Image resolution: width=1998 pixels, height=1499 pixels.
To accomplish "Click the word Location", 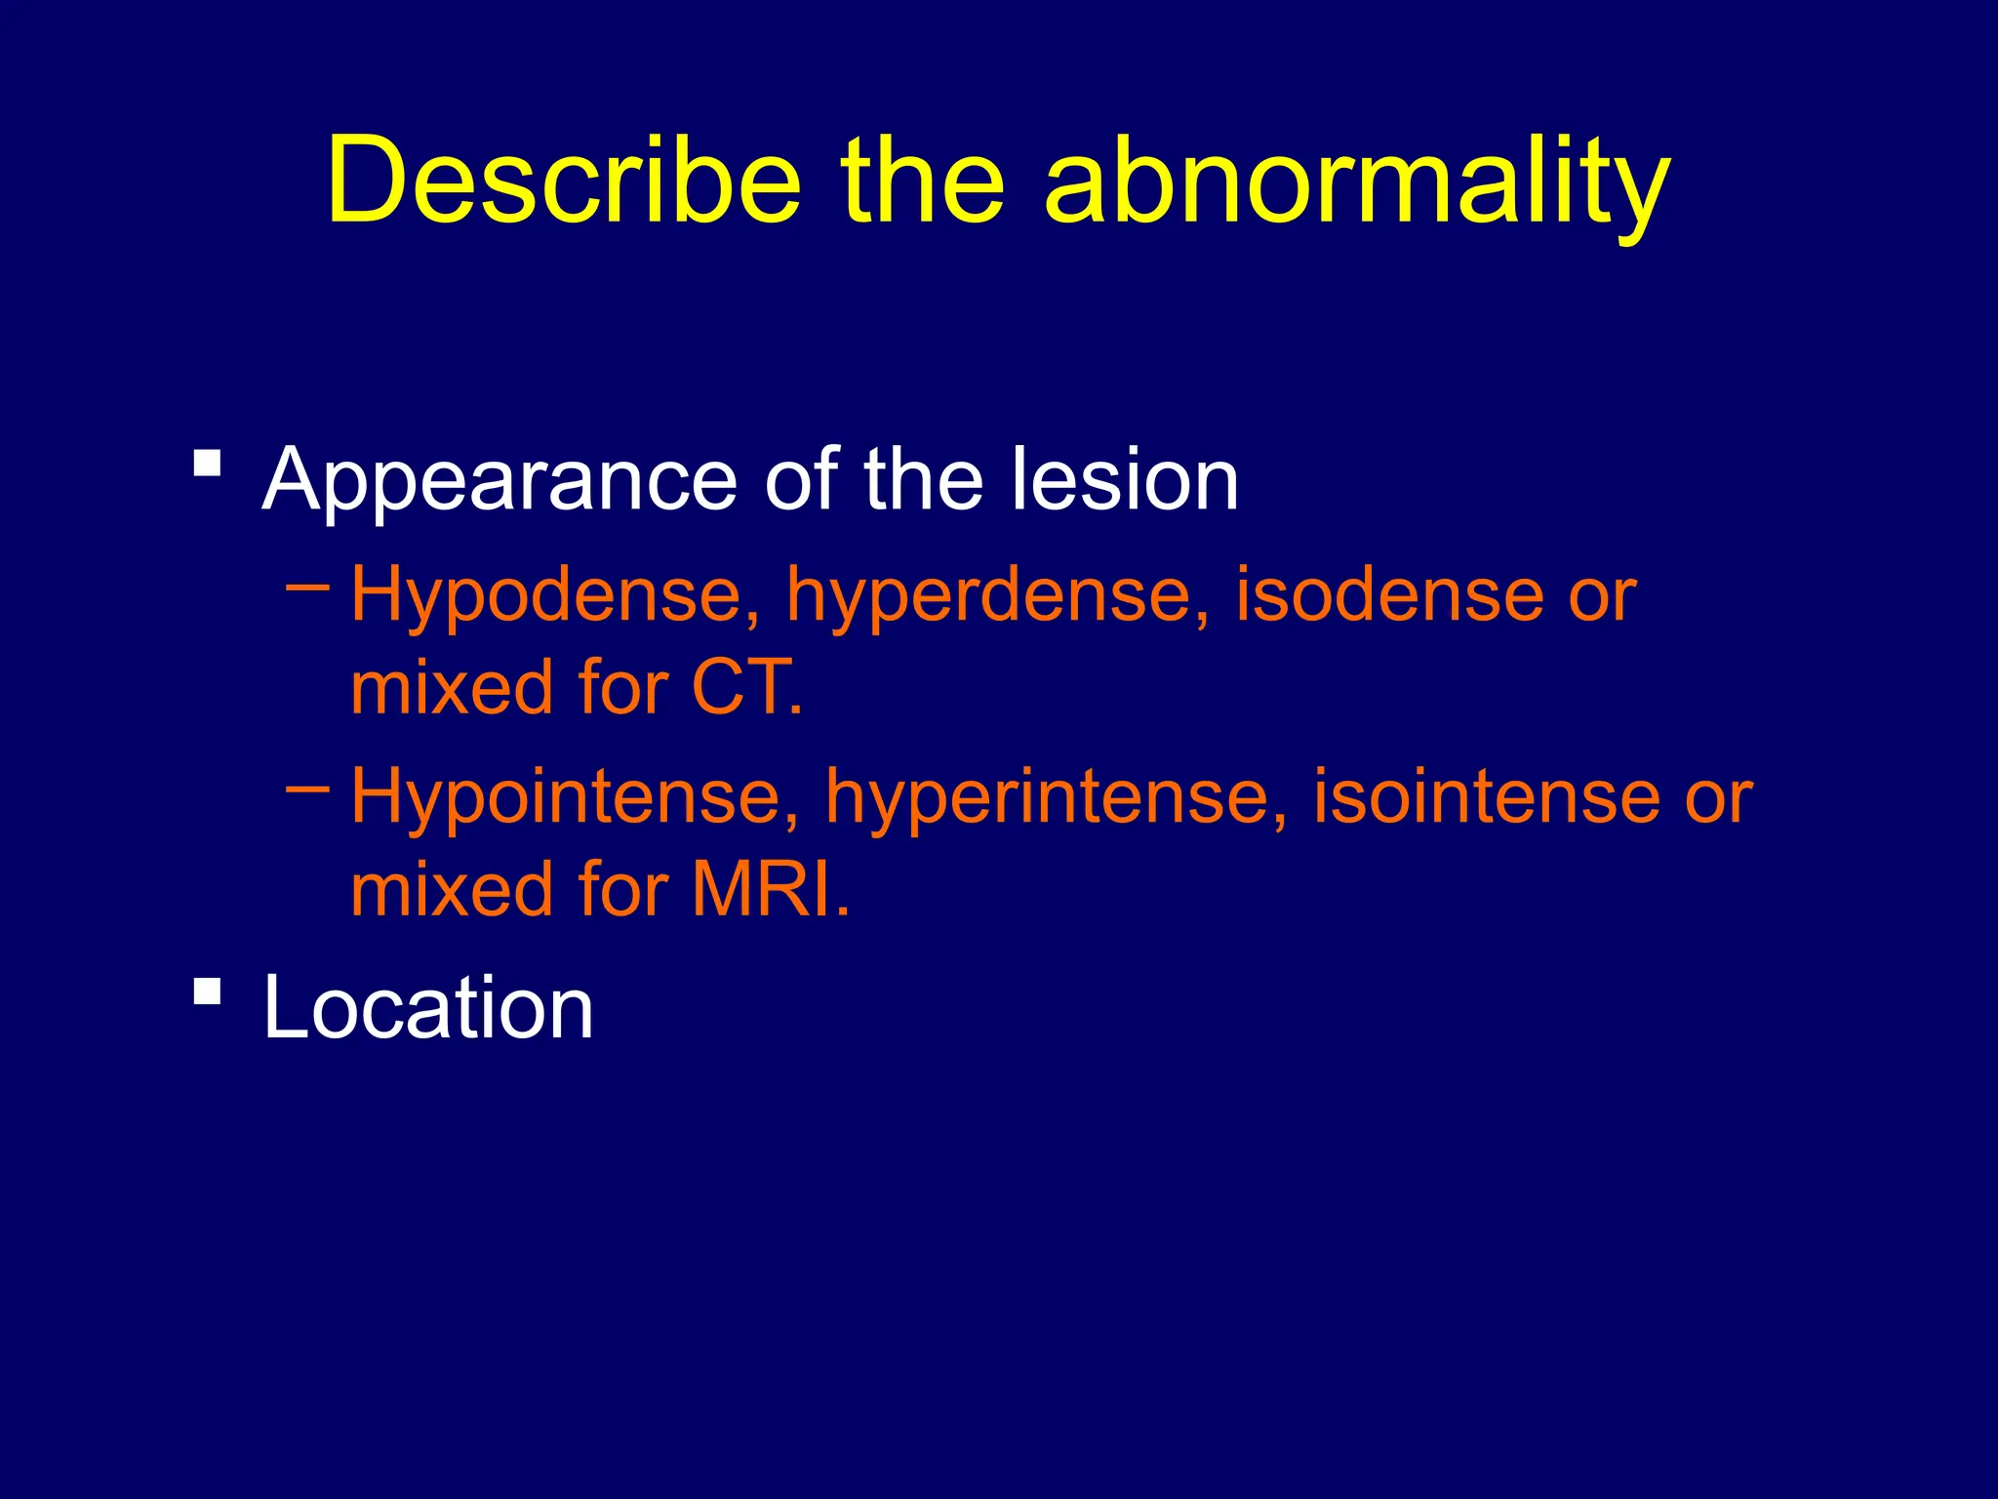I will pos(428,1008).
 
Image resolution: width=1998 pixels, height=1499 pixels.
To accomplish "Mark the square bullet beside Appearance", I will pos(207,462).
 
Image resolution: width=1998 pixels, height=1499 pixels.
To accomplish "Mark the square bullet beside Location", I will pos(207,991).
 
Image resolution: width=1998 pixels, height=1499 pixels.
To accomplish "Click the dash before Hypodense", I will pos(308,587).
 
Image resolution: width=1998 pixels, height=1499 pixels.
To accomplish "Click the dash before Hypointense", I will pos(308,789).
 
